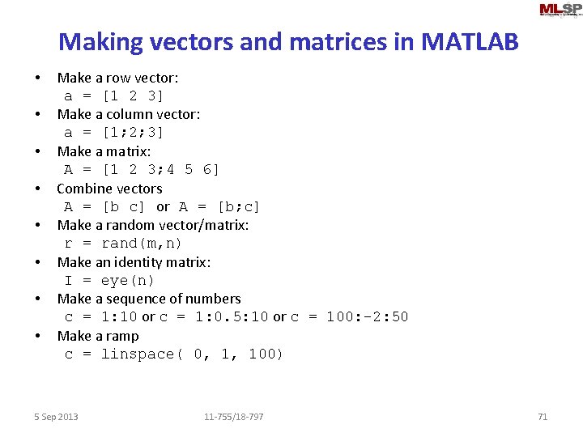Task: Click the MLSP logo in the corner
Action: tap(560, 10)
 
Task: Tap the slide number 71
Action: tap(543, 417)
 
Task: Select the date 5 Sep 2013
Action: tap(56, 417)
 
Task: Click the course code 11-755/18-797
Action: tap(234, 417)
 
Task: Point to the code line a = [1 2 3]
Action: tap(114, 95)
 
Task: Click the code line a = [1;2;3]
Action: tap(114, 132)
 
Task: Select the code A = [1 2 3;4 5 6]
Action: tap(142, 169)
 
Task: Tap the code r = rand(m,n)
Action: tap(123, 243)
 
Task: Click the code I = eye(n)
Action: tap(109, 280)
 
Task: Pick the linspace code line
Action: tap(174, 354)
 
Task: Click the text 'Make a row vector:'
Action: tap(117, 78)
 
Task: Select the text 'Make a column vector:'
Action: tap(128, 114)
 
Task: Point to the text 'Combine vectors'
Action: tap(109, 189)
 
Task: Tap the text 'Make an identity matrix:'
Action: tap(134, 262)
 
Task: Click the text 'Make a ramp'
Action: tap(98, 336)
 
